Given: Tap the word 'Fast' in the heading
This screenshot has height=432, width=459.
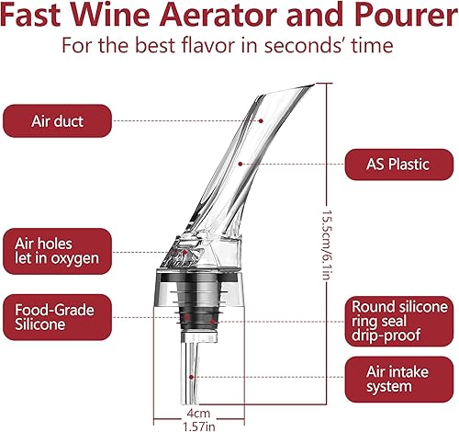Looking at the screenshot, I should coord(36,16).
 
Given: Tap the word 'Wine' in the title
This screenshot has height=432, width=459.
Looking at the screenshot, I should coord(106,16).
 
